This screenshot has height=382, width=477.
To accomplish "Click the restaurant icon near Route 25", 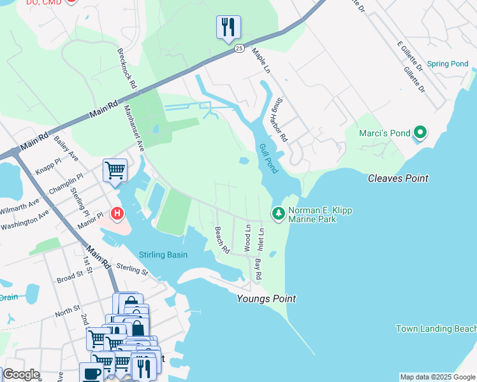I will tap(228, 27).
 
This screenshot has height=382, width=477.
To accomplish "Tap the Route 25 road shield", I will tap(238, 48).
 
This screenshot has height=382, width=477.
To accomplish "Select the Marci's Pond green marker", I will tap(420, 132).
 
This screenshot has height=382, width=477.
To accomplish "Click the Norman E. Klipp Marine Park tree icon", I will tap(278, 213).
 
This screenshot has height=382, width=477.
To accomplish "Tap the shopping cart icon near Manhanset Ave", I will tap(115, 170).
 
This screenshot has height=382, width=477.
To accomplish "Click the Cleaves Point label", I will tap(398, 178).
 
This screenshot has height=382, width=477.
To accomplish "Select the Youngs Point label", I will tap(266, 299).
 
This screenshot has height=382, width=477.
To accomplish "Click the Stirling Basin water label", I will tap(163, 255).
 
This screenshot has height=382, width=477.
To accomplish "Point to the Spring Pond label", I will tap(448, 64).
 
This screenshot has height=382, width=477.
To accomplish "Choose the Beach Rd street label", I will tap(221, 240).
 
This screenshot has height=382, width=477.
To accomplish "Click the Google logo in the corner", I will tap(20, 374).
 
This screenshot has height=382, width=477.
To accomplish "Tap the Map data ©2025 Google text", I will tap(437, 377).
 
